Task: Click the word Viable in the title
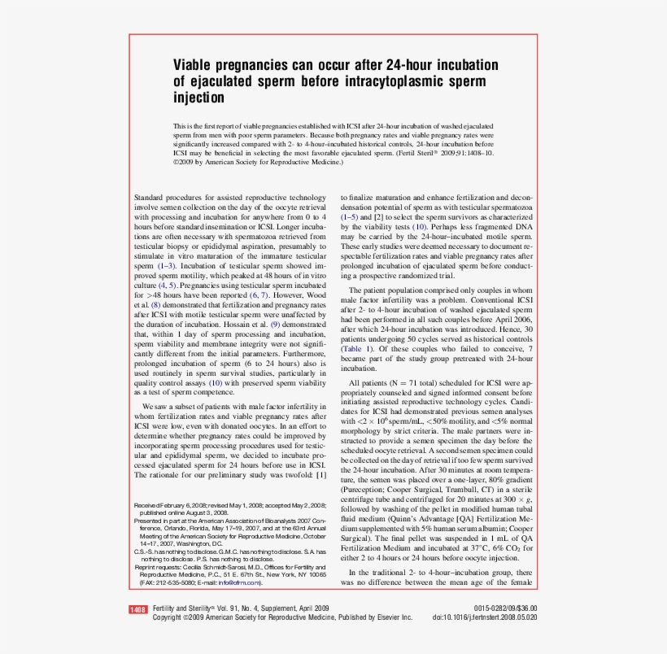[x=194, y=64]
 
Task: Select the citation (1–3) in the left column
[x=165, y=266]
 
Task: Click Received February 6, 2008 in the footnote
[x=167, y=505]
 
